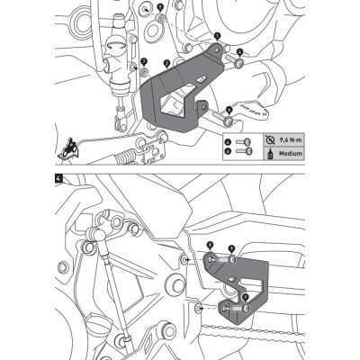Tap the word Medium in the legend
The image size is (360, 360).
coord(276,155)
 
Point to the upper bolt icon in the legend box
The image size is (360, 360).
coord(238,141)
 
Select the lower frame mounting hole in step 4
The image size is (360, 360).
coord(195,309)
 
